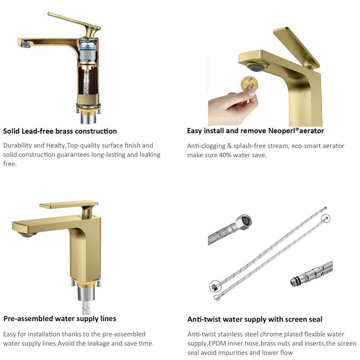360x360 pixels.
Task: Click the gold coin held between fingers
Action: (249, 84)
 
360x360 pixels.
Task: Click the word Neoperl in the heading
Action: (282, 131)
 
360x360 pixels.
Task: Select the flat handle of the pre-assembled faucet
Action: (69, 204)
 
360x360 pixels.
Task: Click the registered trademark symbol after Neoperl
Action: (297, 129)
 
